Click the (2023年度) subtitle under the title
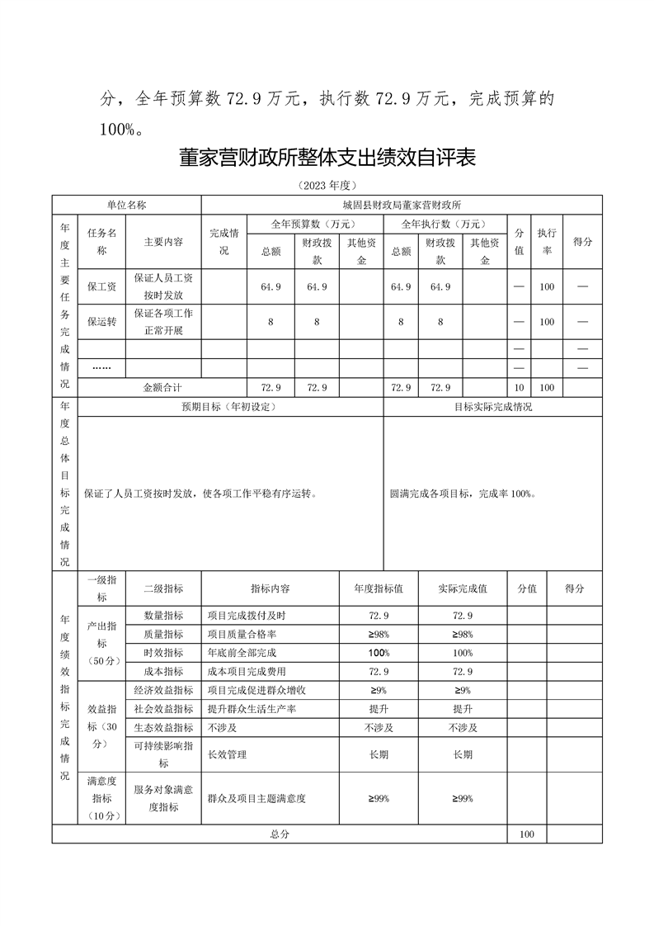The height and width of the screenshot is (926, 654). pyautogui.click(x=327, y=186)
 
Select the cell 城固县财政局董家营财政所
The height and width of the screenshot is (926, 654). pyautogui.click(x=402, y=204)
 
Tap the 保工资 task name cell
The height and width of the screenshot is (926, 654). pyautogui.click(x=101, y=286)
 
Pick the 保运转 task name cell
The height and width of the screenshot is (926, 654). pyautogui.click(x=101, y=322)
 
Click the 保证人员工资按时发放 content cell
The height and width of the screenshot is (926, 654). pyautogui.click(x=163, y=286)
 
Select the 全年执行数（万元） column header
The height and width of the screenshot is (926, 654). pyautogui.click(x=444, y=224)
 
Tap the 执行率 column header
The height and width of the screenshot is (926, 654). pyautogui.click(x=547, y=242)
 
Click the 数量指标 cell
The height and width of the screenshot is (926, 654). pyautogui.click(x=163, y=616)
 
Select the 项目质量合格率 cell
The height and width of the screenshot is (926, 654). pyautogui.click(x=242, y=634)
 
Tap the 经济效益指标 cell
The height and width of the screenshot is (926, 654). pyautogui.click(x=163, y=690)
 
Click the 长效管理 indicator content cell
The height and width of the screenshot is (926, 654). pyautogui.click(x=227, y=754)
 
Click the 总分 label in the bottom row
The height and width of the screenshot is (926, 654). pyautogui.click(x=279, y=834)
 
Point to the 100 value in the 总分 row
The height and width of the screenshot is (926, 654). pyautogui.click(x=526, y=834)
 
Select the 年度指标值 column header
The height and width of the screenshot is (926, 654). pyautogui.click(x=379, y=589)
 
